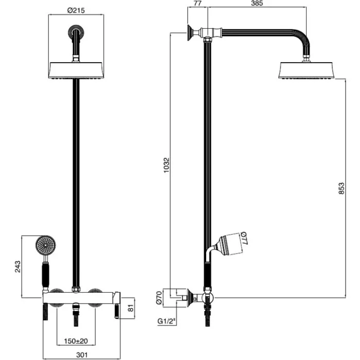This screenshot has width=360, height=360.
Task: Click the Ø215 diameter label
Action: coord(76,10)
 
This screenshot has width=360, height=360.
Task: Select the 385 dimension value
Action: coord(257,3)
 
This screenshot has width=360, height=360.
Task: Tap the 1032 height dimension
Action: coord(167,165)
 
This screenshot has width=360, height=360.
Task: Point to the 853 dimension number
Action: coord(341,188)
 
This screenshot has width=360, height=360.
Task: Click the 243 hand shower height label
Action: coord(17,266)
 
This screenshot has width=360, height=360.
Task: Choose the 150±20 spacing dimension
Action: coord(76,341)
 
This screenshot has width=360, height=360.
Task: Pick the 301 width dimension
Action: coord(82,355)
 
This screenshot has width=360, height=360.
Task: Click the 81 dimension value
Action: coord(131,308)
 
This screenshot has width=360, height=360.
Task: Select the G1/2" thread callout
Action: coord(167,321)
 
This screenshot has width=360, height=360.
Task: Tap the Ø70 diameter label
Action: coord(159,298)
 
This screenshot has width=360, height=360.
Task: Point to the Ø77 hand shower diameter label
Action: coord(244,238)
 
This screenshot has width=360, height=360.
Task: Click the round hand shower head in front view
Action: coord(45,245)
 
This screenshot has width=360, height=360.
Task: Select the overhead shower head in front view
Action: coord(76,70)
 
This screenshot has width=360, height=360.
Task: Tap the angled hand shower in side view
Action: coord(226,246)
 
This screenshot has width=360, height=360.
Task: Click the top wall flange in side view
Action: coord(190,33)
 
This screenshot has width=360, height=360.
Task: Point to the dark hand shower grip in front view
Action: coord(45,276)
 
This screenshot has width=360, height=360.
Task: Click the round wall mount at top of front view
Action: coord(76,32)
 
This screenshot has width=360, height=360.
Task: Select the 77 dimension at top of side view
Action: coord(197,3)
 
